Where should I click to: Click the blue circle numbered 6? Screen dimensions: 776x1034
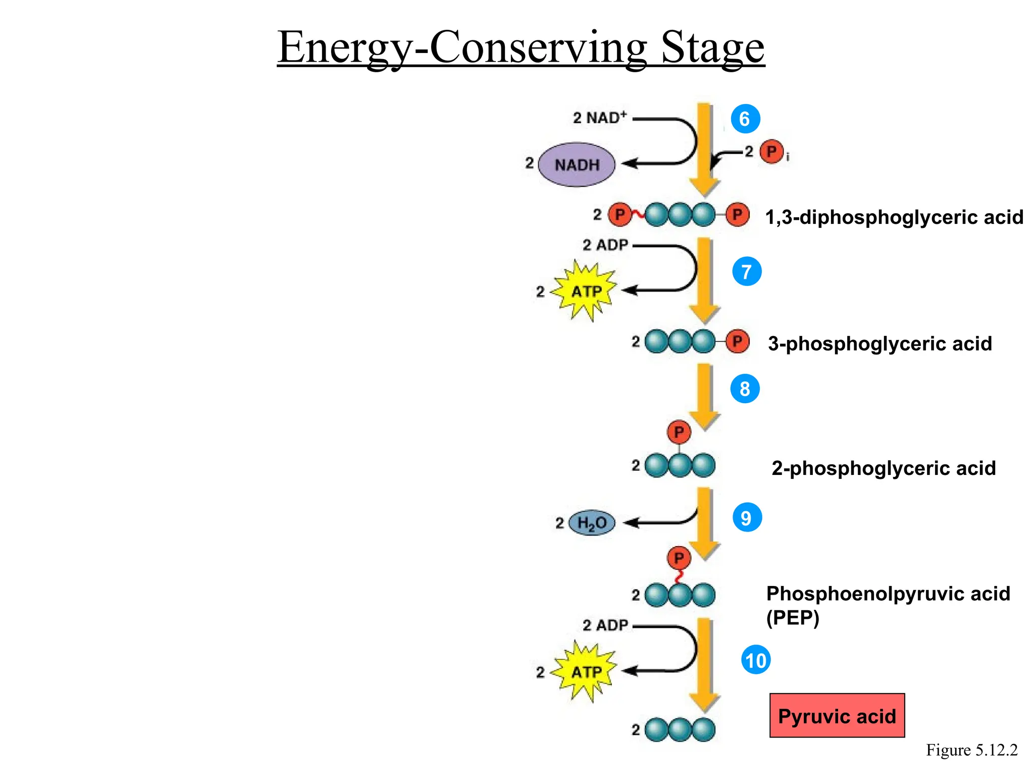(x=745, y=119)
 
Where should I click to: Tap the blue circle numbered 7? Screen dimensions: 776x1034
(x=747, y=271)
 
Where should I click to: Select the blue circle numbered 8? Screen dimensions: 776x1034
(x=745, y=389)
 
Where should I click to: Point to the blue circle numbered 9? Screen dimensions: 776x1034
(x=747, y=517)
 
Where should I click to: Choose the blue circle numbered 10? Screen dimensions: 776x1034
(x=755, y=660)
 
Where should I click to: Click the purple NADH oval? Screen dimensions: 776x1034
(x=577, y=165)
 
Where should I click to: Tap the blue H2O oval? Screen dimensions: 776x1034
(x=592, y=523)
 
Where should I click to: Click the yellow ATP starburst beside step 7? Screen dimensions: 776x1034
(x=586, y=291)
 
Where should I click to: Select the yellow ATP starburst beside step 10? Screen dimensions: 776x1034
(x=586, y=672)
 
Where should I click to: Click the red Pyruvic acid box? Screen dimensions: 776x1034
(x=837, y=716)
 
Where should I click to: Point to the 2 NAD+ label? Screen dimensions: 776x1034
(x=600, y=118)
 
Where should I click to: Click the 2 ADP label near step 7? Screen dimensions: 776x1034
(x=605, y=245)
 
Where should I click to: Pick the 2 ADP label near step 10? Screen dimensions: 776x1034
(x=605, y=625)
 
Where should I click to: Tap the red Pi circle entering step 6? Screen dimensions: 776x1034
(x=771, y=152)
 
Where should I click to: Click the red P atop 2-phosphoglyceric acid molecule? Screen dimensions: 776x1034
(x=679, y=432)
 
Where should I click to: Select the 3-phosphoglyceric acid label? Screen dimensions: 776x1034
(x=880, y=344)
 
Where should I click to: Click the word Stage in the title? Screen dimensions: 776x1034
(x=712, y=47)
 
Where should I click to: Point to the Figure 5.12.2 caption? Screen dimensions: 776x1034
(x=971, y=750)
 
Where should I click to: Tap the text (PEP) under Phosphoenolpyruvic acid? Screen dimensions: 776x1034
(x=792, y=617)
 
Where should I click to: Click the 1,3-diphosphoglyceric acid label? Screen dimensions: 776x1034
(x=894, y=217)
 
